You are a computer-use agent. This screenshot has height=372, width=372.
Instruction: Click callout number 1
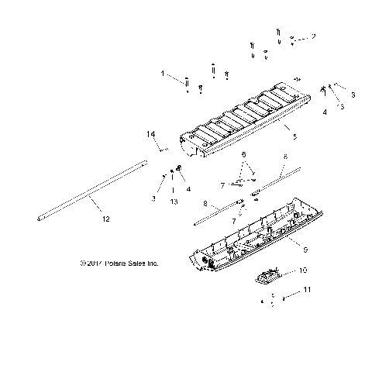coord(163,74)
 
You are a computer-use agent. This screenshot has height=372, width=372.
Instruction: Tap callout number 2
coord(313,36)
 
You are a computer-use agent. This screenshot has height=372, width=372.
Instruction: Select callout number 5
coord(294,136)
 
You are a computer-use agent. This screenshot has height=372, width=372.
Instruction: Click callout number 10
coord(303,270)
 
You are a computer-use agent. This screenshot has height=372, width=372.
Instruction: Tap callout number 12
coord(105,219)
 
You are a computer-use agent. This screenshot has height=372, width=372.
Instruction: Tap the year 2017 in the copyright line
coord(97,263)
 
